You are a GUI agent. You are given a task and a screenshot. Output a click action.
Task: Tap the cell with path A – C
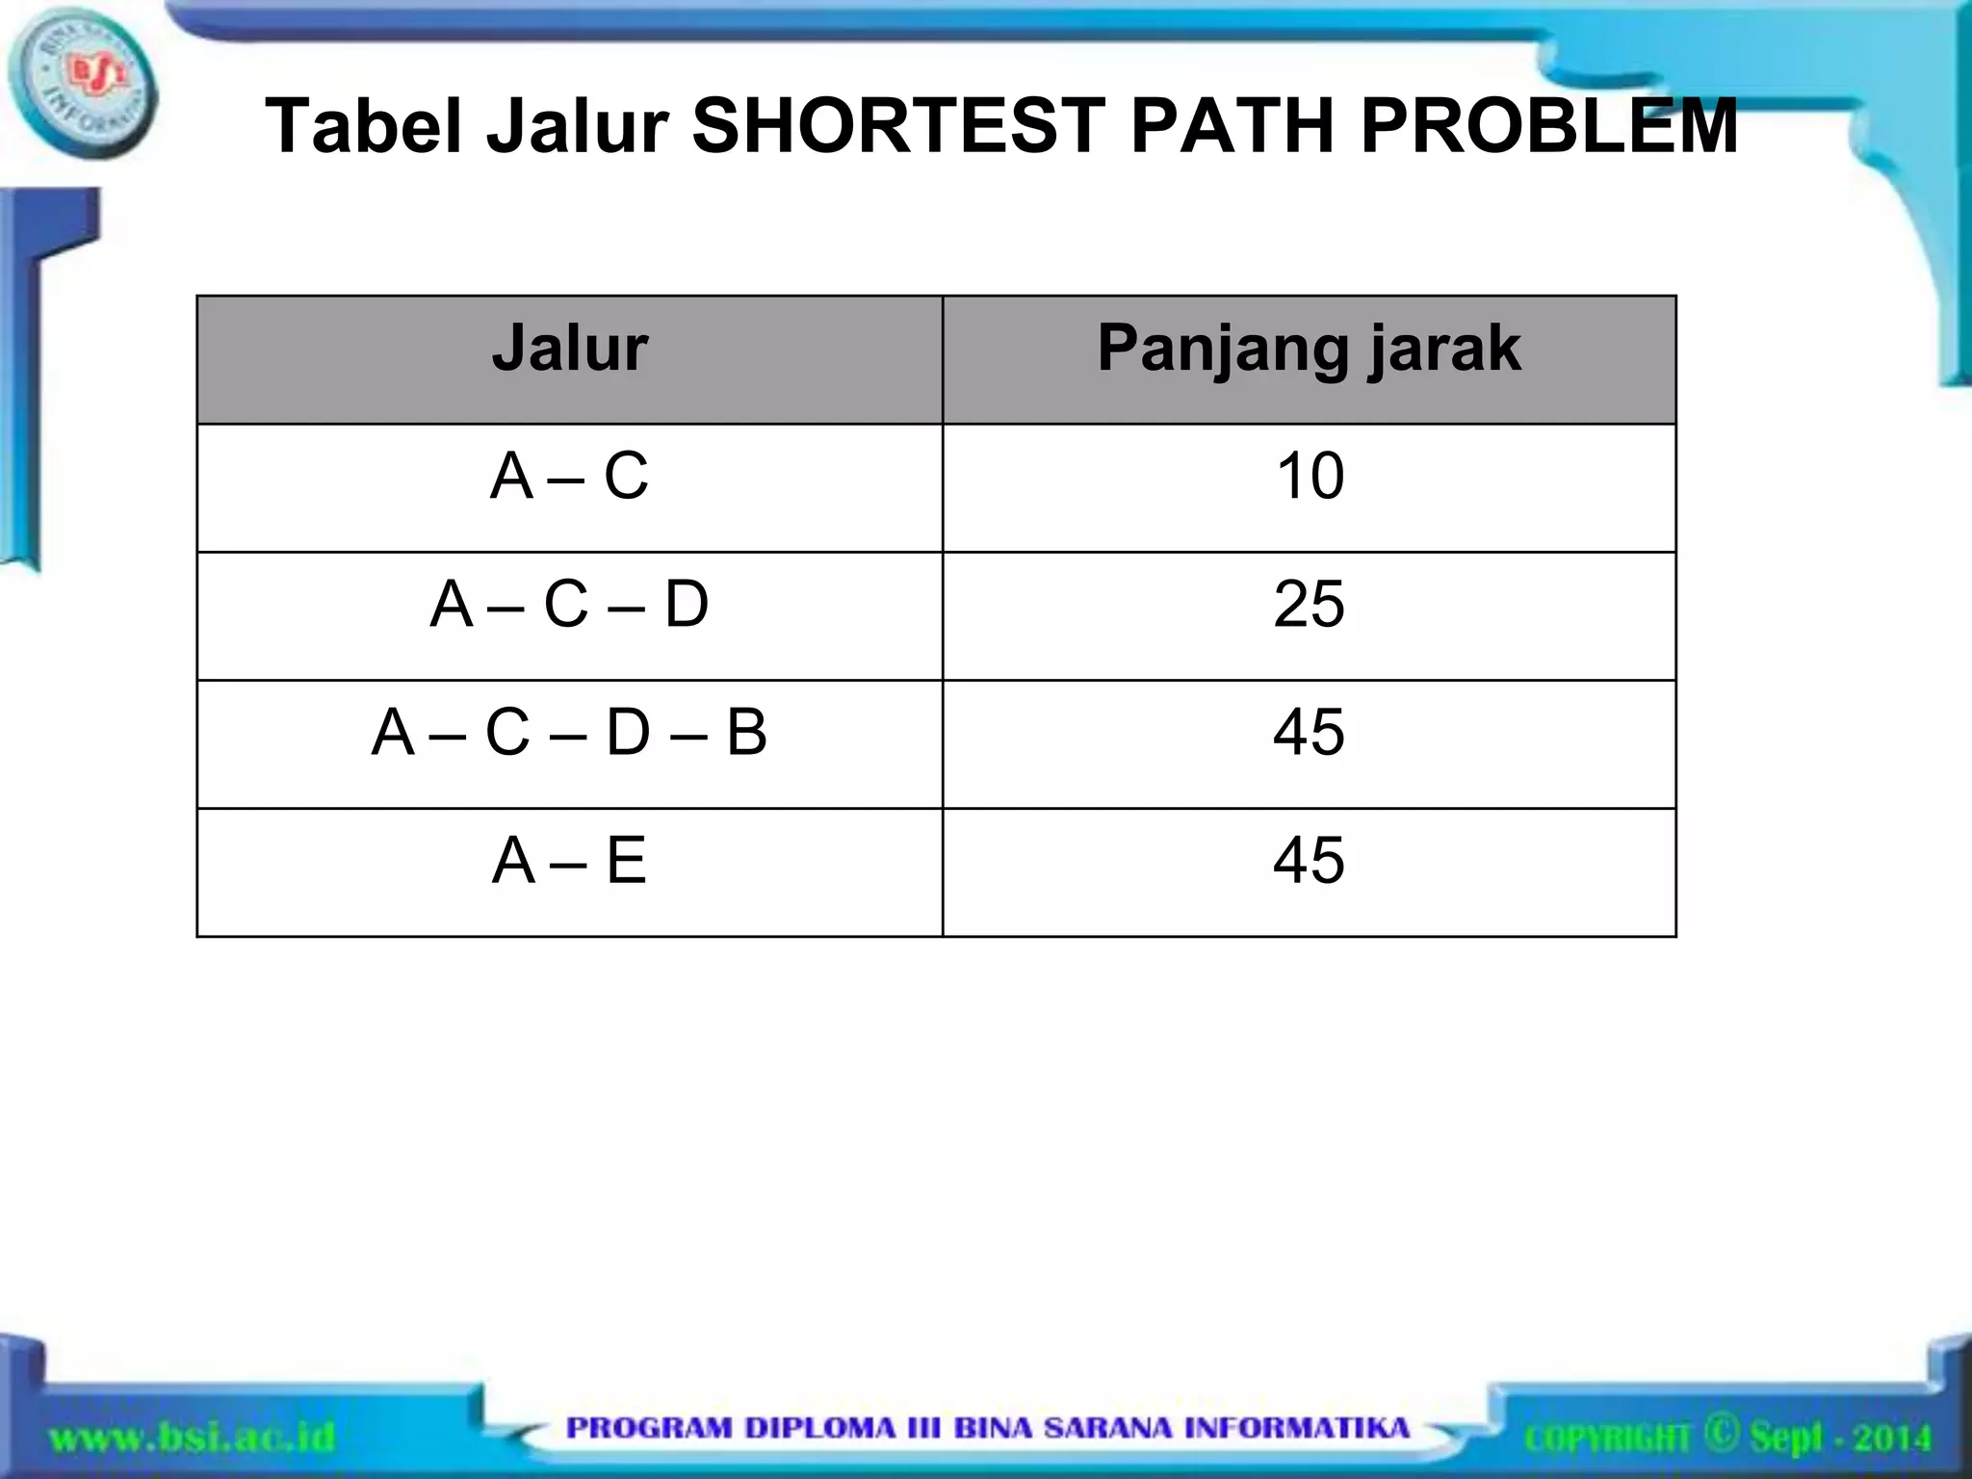[569, 477]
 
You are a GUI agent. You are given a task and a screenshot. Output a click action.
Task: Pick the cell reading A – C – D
[569, 605]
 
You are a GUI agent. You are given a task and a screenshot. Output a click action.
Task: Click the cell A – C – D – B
[569, 733]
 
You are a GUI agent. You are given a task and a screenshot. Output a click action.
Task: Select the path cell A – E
[569, 861]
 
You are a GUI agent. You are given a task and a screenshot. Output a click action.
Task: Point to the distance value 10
[1310, 477]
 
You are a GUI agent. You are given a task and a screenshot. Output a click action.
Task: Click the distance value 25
[1309, 605]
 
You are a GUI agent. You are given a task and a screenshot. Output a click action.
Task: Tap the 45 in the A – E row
[1309, 861]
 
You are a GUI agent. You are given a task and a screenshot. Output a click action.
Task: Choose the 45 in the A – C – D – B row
[1309, 733]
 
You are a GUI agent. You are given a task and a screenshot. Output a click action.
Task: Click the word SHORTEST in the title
[898, 126]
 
